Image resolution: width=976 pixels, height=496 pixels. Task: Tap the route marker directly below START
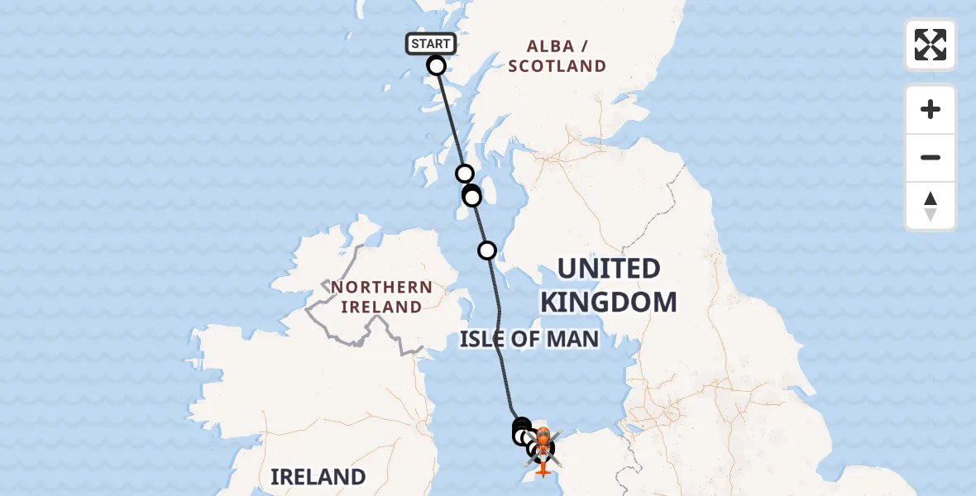(436, 65)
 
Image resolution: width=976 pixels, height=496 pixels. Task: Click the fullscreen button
(931, 45)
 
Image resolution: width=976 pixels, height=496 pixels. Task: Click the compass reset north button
(931, 206)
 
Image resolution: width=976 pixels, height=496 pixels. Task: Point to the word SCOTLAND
(557, 66)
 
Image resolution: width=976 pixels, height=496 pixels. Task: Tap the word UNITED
(609, 269)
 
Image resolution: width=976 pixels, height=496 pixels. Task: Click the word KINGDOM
(609, 302)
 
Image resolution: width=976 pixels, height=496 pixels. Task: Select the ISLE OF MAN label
(529, 339)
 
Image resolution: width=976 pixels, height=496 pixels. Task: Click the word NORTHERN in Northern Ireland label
(382, 288)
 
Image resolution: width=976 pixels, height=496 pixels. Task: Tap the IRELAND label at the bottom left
(318, 477)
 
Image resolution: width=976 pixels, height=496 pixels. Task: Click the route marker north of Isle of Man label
(487, 250)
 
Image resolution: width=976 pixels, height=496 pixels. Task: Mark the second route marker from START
(465, 173)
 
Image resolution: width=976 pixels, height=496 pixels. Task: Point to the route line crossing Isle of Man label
(500, 339)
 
